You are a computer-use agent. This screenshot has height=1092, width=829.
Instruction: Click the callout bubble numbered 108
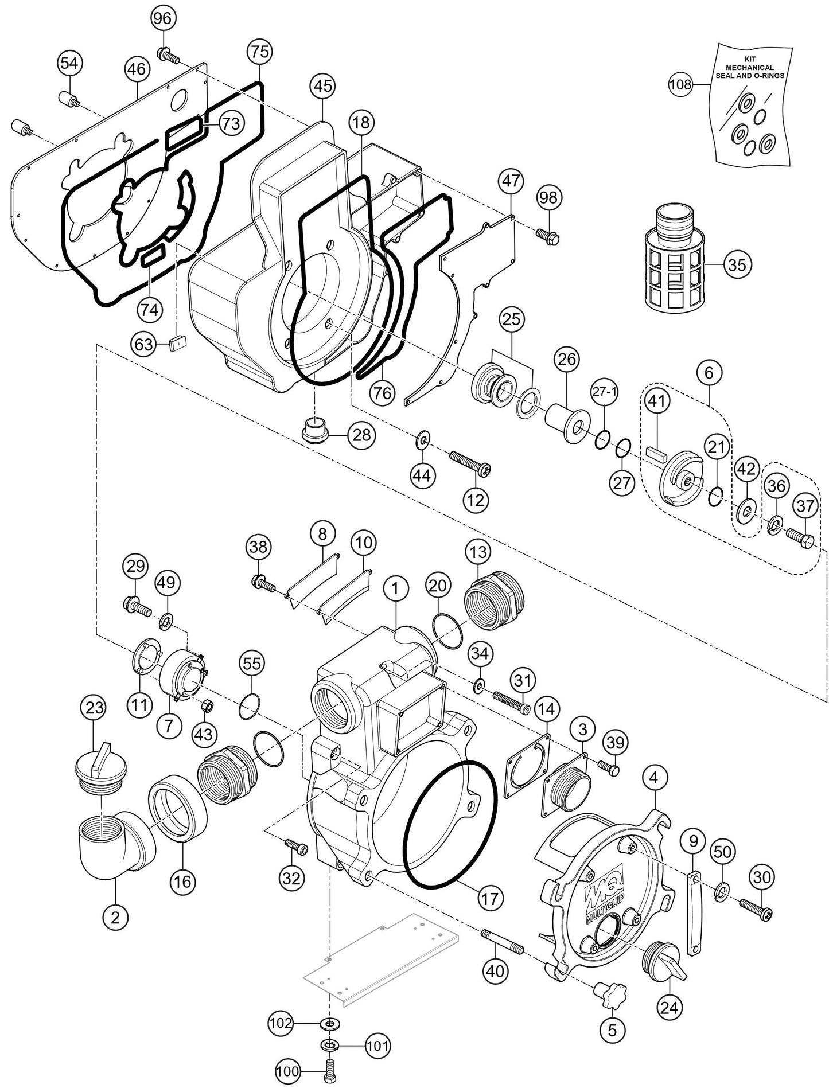(x=681, y=85)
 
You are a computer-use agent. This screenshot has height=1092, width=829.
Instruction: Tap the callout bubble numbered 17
(x=490, y=898)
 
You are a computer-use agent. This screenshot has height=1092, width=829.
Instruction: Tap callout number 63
(x=144, y=344)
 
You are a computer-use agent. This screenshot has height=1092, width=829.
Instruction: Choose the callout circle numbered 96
(x=162, y=18)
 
